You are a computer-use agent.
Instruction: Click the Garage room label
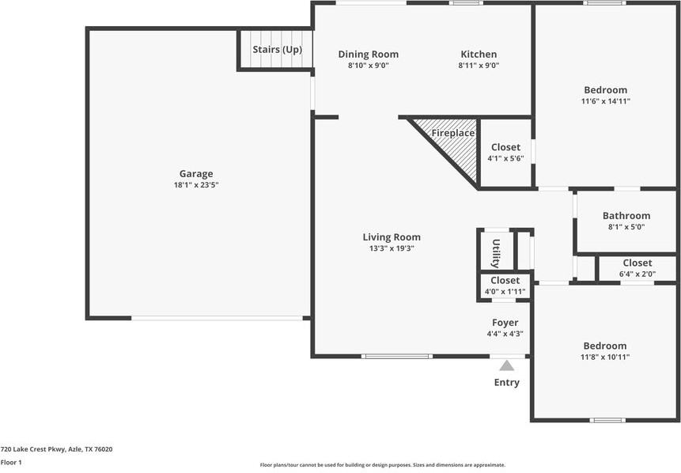click(195, 174)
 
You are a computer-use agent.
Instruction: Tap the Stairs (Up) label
click(277, 49)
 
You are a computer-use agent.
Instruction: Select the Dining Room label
click(368, 55)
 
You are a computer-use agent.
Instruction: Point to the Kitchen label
click(479, 55)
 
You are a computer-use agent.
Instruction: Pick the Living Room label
click(392, 237)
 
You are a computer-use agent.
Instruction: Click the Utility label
click(495, 253)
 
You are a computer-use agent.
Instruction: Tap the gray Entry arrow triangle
click(506, 365)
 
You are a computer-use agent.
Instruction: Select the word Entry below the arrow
click(507, 383)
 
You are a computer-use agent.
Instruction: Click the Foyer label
click(505, 323)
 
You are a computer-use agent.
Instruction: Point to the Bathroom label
click(626, 216)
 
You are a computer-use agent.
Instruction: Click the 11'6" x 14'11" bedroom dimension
click(605, 101)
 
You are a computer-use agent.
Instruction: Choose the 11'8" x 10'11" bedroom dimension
click(605, 357)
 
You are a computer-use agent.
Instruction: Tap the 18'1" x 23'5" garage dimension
click(195, 185)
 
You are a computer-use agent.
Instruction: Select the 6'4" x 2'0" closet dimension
click(637, 274)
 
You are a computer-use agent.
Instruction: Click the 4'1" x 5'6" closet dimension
click(505, 158)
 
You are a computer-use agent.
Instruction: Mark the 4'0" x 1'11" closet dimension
click(505, 292)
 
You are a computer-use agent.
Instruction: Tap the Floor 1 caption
click(11, 462)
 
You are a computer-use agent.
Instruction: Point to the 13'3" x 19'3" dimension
click(392, 248)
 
